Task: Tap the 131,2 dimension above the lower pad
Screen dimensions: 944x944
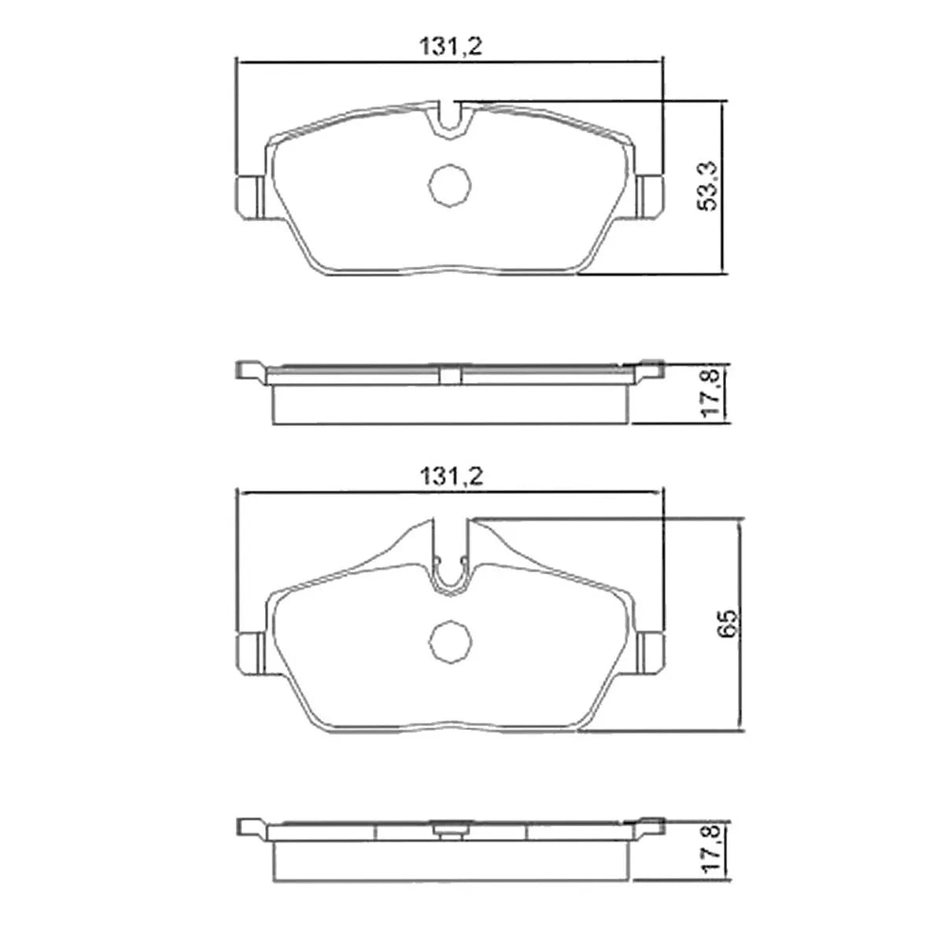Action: tap(450, 477)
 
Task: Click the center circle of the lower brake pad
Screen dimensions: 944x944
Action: tap(449, 641)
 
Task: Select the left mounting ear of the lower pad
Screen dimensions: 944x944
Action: tap(250, 654)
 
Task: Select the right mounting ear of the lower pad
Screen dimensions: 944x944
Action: tap(651, 654)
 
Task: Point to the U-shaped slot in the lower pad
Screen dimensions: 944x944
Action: tap(451, 559)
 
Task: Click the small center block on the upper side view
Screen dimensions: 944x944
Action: tap(450, 375)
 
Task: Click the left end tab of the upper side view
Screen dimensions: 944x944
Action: tap(250, 371)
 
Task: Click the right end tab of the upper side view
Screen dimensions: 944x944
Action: tap(651, 369)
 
